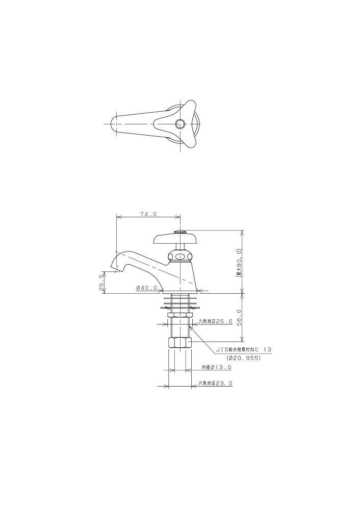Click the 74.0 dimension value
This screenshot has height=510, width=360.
[x=148, y=214]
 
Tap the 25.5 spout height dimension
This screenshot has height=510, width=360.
[x=101, y=282]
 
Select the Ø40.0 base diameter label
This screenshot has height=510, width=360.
[x=147, y=288]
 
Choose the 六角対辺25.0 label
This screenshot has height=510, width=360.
[x=216, y=321]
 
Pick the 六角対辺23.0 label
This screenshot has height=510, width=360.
[x=216, y=384]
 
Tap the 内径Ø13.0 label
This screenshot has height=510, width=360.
[x=217, y=367]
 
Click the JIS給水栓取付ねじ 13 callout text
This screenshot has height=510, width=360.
[x=244, y=350]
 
